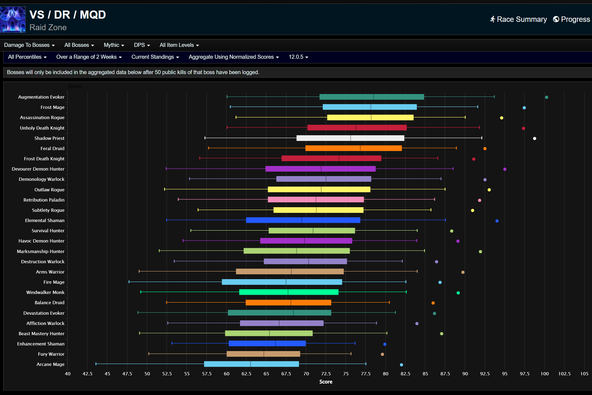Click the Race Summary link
point(519,19)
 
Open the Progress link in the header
point(572,19)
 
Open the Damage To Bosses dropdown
point(29,45)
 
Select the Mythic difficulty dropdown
point(114,45)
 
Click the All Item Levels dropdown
point(179,45)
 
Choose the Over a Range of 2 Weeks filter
point(89,57)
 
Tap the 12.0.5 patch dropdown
point(298,57)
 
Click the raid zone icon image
point(13,20)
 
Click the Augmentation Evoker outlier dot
point(547,97)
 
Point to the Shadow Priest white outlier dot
point(535,138)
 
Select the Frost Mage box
point(369,107)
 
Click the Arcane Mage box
point(251,364)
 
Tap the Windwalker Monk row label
point(45,292)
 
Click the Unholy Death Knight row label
point(42,128)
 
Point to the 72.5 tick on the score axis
point(326,374)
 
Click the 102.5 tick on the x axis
point(564,374)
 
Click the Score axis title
point(326,382)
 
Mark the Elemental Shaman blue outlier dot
point(497,221)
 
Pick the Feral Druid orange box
point(353,148)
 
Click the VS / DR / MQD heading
point(68,15)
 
